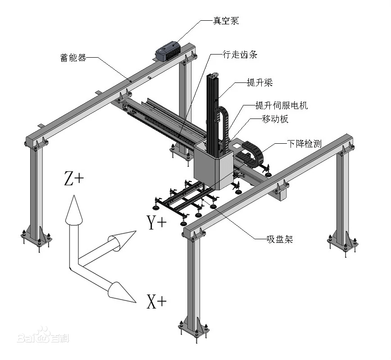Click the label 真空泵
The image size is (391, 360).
click(226, 21)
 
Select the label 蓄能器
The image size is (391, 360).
click(73, 58)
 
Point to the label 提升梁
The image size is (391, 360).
click(260, 82)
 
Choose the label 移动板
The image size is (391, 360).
click(275, 119)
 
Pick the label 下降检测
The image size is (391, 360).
click(305, 144)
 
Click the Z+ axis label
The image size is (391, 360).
click(74, 179)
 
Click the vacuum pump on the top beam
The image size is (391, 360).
click(168, 50)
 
